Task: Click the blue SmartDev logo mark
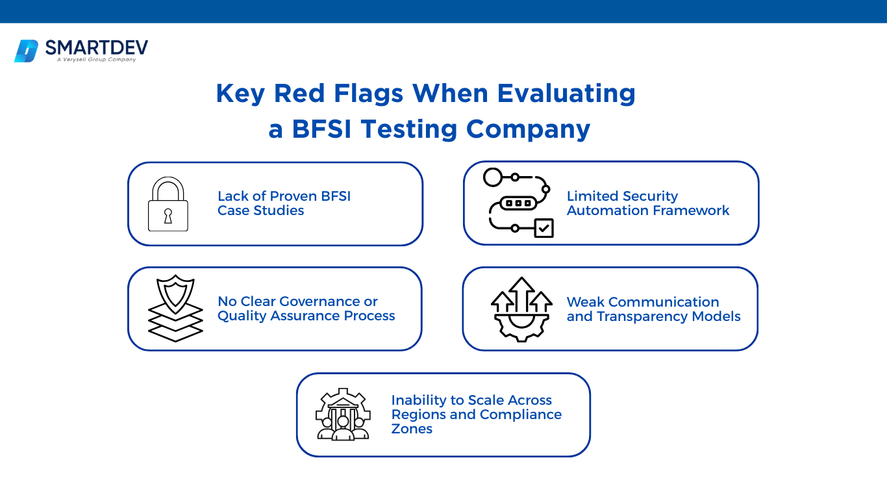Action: tap(26, 51)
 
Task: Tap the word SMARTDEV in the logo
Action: tap(97, 47)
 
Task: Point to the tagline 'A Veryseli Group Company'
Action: tap(96, 60)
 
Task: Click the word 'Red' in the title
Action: tap(299, 94)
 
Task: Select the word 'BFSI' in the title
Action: tap(321, 129)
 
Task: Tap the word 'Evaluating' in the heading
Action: tap(566, 94)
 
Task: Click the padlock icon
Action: tap(168, 204)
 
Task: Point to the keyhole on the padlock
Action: tap(168, 216)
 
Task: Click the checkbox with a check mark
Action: tap(543, 228)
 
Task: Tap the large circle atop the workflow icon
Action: tap(493, 177)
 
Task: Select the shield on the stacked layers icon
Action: tap(175, 294)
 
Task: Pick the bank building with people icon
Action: tap(343, 414)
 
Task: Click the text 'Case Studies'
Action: tap(260, 211)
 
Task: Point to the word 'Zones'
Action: tap(412, 429)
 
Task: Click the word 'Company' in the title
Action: tap(529, 130)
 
